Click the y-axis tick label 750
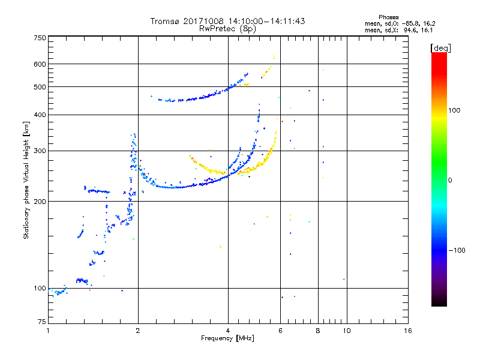[40, 37]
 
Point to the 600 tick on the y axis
[40, 64]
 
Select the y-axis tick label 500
[40, 86]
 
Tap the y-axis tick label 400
[40, 115]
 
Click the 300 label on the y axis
[40, 151]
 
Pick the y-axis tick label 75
[41, 323]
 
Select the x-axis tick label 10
[346, 331]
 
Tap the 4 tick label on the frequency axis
[228, 331]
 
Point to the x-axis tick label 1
[49, 331]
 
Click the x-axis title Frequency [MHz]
[227, 338]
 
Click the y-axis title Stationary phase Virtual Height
[26, 180]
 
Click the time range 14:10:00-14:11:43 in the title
[264, 21]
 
